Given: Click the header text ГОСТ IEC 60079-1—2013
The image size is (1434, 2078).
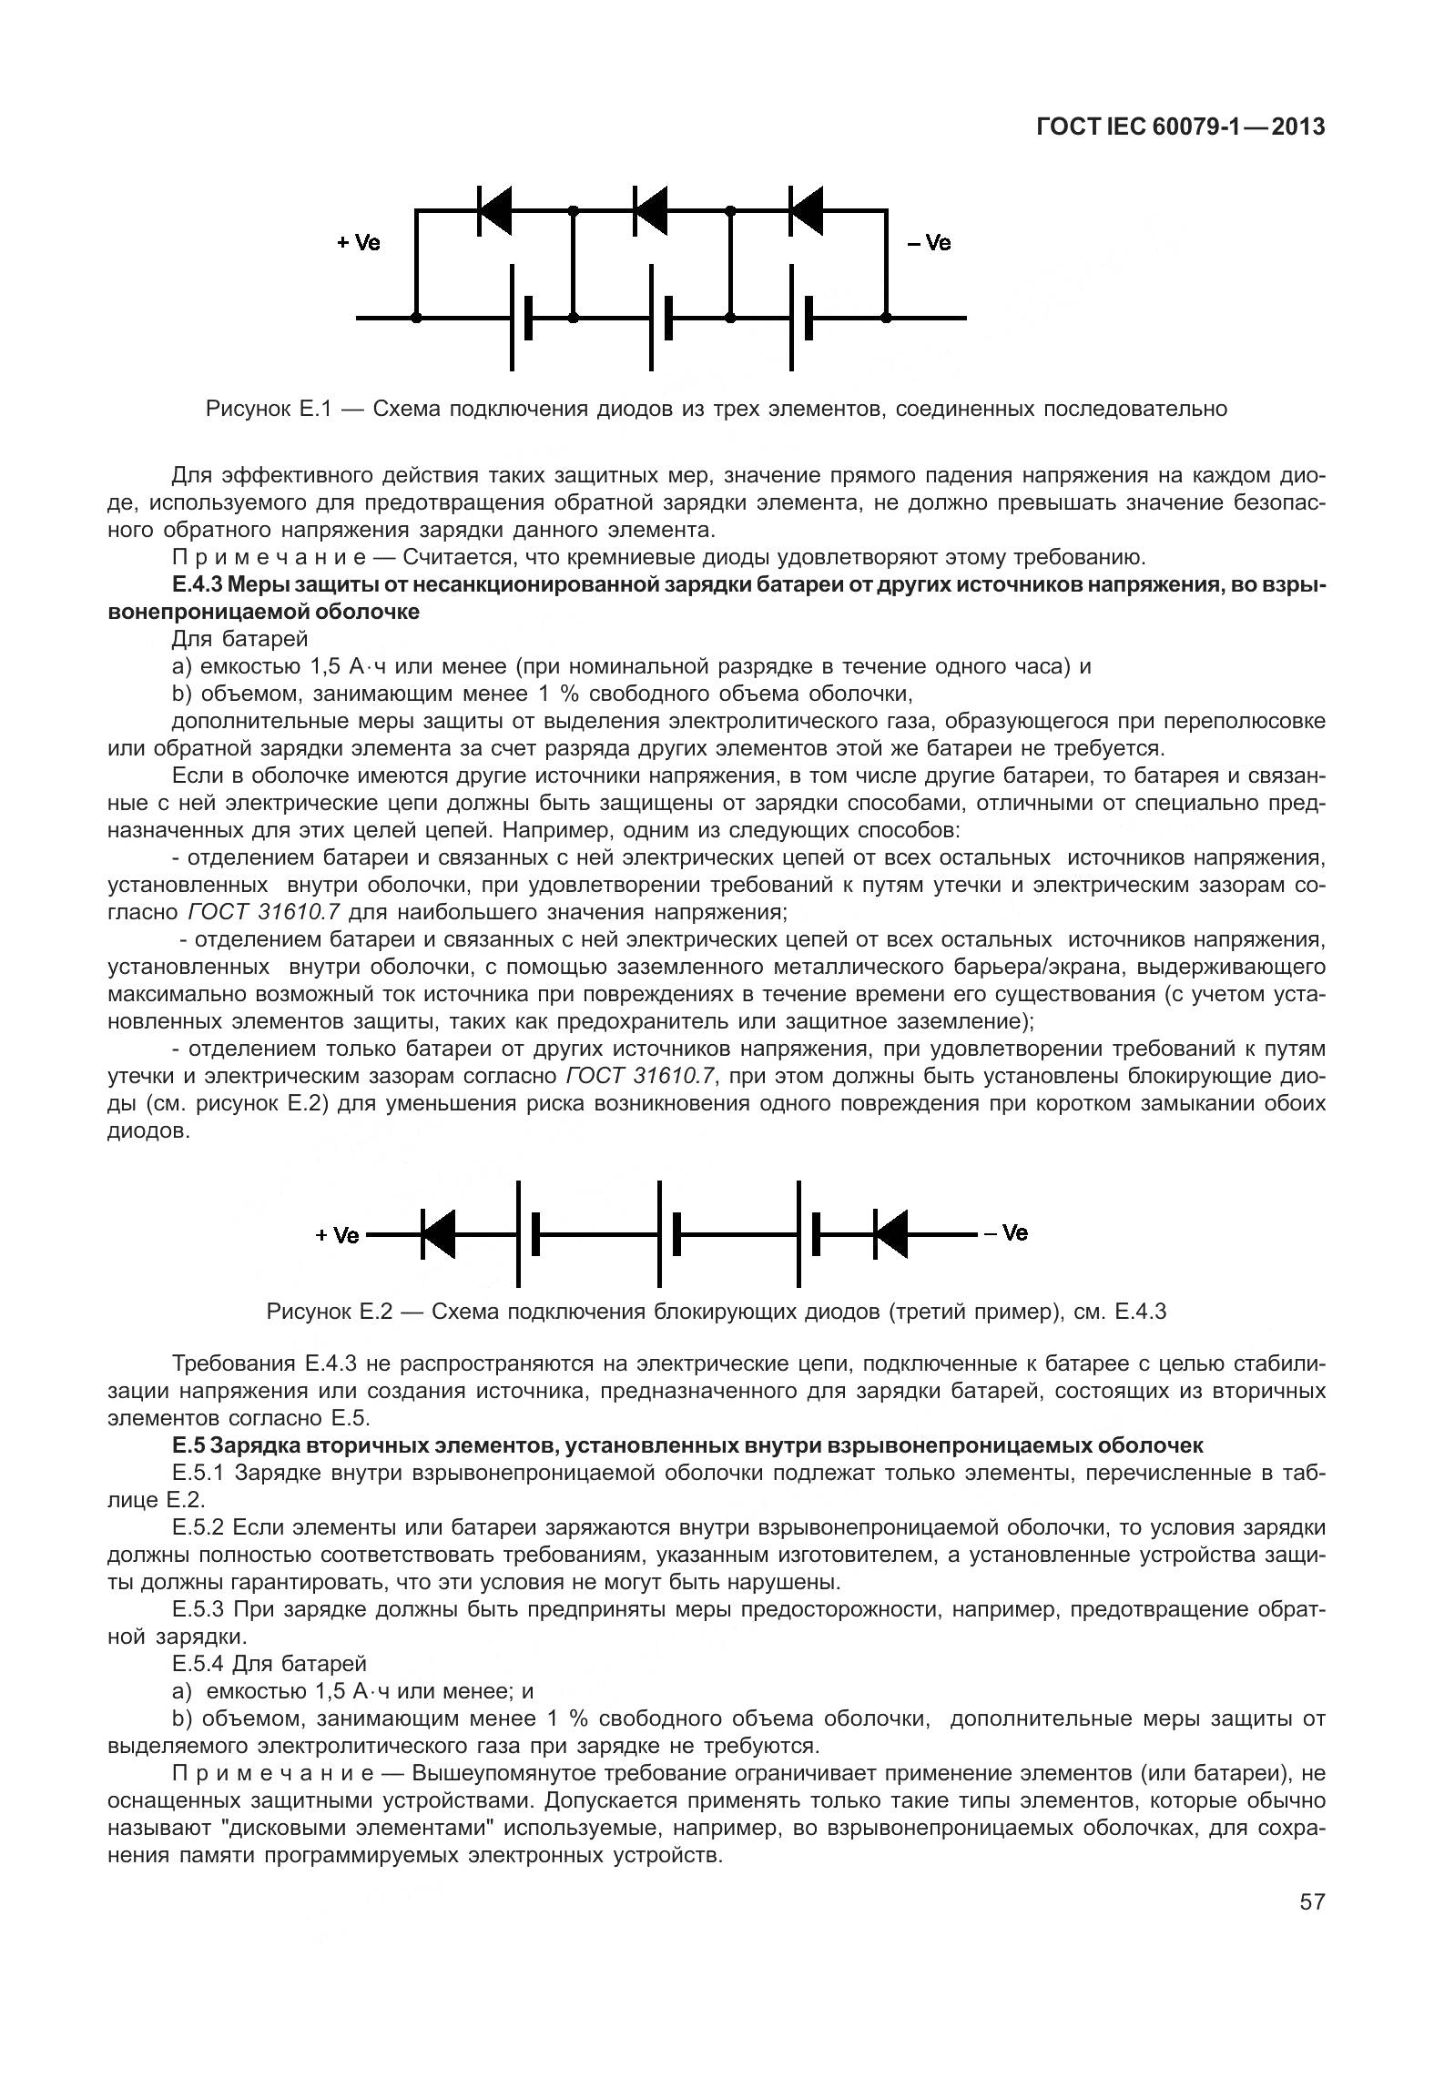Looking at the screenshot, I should (x=1181, y=127).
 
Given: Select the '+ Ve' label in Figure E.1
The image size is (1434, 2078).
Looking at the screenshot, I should (x=359, y=243).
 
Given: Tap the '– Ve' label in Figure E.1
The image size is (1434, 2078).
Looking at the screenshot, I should (x=928, y=243).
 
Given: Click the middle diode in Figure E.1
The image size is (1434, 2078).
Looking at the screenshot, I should (x=650, y=210).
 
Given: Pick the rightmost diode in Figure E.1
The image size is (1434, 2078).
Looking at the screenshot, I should (x=807, y=210).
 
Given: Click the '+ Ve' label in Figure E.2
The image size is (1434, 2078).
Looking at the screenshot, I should (x=337, y=1235).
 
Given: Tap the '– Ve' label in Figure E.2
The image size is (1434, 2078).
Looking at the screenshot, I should (x=1005, y=1233).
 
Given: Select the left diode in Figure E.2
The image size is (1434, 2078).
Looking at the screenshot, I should (x=438, y=1234).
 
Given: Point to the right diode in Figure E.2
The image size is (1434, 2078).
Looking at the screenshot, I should (x=890, y=1234).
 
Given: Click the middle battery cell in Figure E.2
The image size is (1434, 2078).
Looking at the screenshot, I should (x=668, y=1234).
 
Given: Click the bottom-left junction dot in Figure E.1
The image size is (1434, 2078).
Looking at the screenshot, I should (x=416, y=318).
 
